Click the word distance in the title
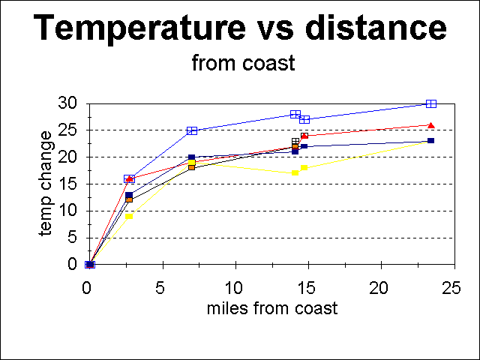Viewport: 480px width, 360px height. pos(377,28)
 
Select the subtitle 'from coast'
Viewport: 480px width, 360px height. pos(243,64)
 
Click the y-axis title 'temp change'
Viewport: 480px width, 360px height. pos(46,184)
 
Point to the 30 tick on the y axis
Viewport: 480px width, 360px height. pos(69,103)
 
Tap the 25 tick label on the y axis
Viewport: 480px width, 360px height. pos(69,130)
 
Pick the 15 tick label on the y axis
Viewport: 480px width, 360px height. pos(69,184)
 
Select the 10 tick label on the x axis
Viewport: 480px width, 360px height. pos(235,289)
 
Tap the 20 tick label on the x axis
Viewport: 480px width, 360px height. pos(381,289)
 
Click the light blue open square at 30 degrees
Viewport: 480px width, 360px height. pos(431,103)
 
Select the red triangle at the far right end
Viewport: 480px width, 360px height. pos(431,125)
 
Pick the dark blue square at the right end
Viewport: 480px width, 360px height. pos(431,141)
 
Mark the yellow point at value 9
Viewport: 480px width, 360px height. pos(129,216)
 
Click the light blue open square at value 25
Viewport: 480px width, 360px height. pos(192,130)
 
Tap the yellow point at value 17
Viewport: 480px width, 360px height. pos(295,173)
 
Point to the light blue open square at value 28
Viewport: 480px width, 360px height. pos(295,114)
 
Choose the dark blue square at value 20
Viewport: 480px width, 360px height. pos(192,157)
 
